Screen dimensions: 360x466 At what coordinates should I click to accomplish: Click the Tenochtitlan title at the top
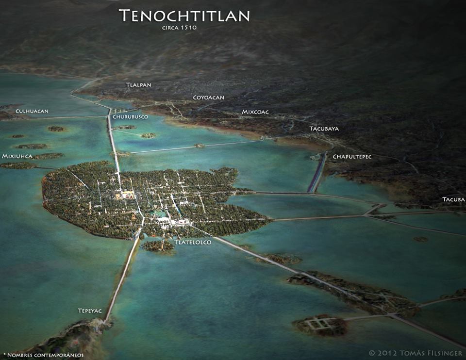[184, 16]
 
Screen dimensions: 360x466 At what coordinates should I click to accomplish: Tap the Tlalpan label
[139, 85]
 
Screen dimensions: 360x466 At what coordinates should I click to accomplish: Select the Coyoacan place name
[209, 98]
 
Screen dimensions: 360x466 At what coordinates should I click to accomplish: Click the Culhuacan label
[32, 111]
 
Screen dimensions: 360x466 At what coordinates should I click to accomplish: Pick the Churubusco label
[130, 117]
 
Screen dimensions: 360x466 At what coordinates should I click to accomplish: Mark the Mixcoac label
[255, 112]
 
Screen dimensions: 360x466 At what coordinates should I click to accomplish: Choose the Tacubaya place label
[324, 129]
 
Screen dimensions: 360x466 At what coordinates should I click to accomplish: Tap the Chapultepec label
[352, 157]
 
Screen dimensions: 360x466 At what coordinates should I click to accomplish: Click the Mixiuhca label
[17, 156]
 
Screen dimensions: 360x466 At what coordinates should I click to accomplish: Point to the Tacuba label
[453, 199]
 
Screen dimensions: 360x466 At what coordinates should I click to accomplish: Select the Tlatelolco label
[193, 242]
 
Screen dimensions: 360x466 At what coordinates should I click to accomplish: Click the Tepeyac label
[90, 310]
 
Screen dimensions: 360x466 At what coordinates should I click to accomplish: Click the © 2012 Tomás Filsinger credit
[416, 353]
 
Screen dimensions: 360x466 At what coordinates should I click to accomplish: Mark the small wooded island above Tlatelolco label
[157, 246]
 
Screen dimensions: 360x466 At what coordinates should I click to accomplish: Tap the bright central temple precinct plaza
[125, 195]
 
